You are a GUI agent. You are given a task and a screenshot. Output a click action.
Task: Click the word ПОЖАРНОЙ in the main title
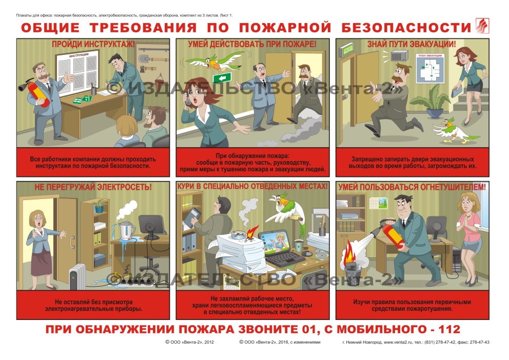(285, 28)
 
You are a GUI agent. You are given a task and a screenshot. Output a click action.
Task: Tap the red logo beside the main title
(482, 26)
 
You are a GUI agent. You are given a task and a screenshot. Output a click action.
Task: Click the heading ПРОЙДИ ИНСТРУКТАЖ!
(93, 44)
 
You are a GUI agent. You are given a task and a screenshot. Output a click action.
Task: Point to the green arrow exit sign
(222, 78)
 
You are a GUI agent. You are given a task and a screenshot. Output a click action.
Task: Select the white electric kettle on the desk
(126, 231)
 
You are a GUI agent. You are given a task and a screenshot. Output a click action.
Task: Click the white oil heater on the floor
(77, 276)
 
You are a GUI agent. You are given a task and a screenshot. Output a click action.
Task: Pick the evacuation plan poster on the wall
(430, 68)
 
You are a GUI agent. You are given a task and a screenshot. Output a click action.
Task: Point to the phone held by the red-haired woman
(188, 99)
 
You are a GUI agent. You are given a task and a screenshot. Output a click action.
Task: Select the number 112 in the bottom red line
(449, 330)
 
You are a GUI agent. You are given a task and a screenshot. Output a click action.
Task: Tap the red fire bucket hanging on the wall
(159, 80)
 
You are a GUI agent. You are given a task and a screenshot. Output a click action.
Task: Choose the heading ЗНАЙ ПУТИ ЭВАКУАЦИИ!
(412, 44)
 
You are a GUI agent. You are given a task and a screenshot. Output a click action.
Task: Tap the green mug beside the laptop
(298, 245)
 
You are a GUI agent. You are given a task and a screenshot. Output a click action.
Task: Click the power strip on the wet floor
(135, 282)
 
